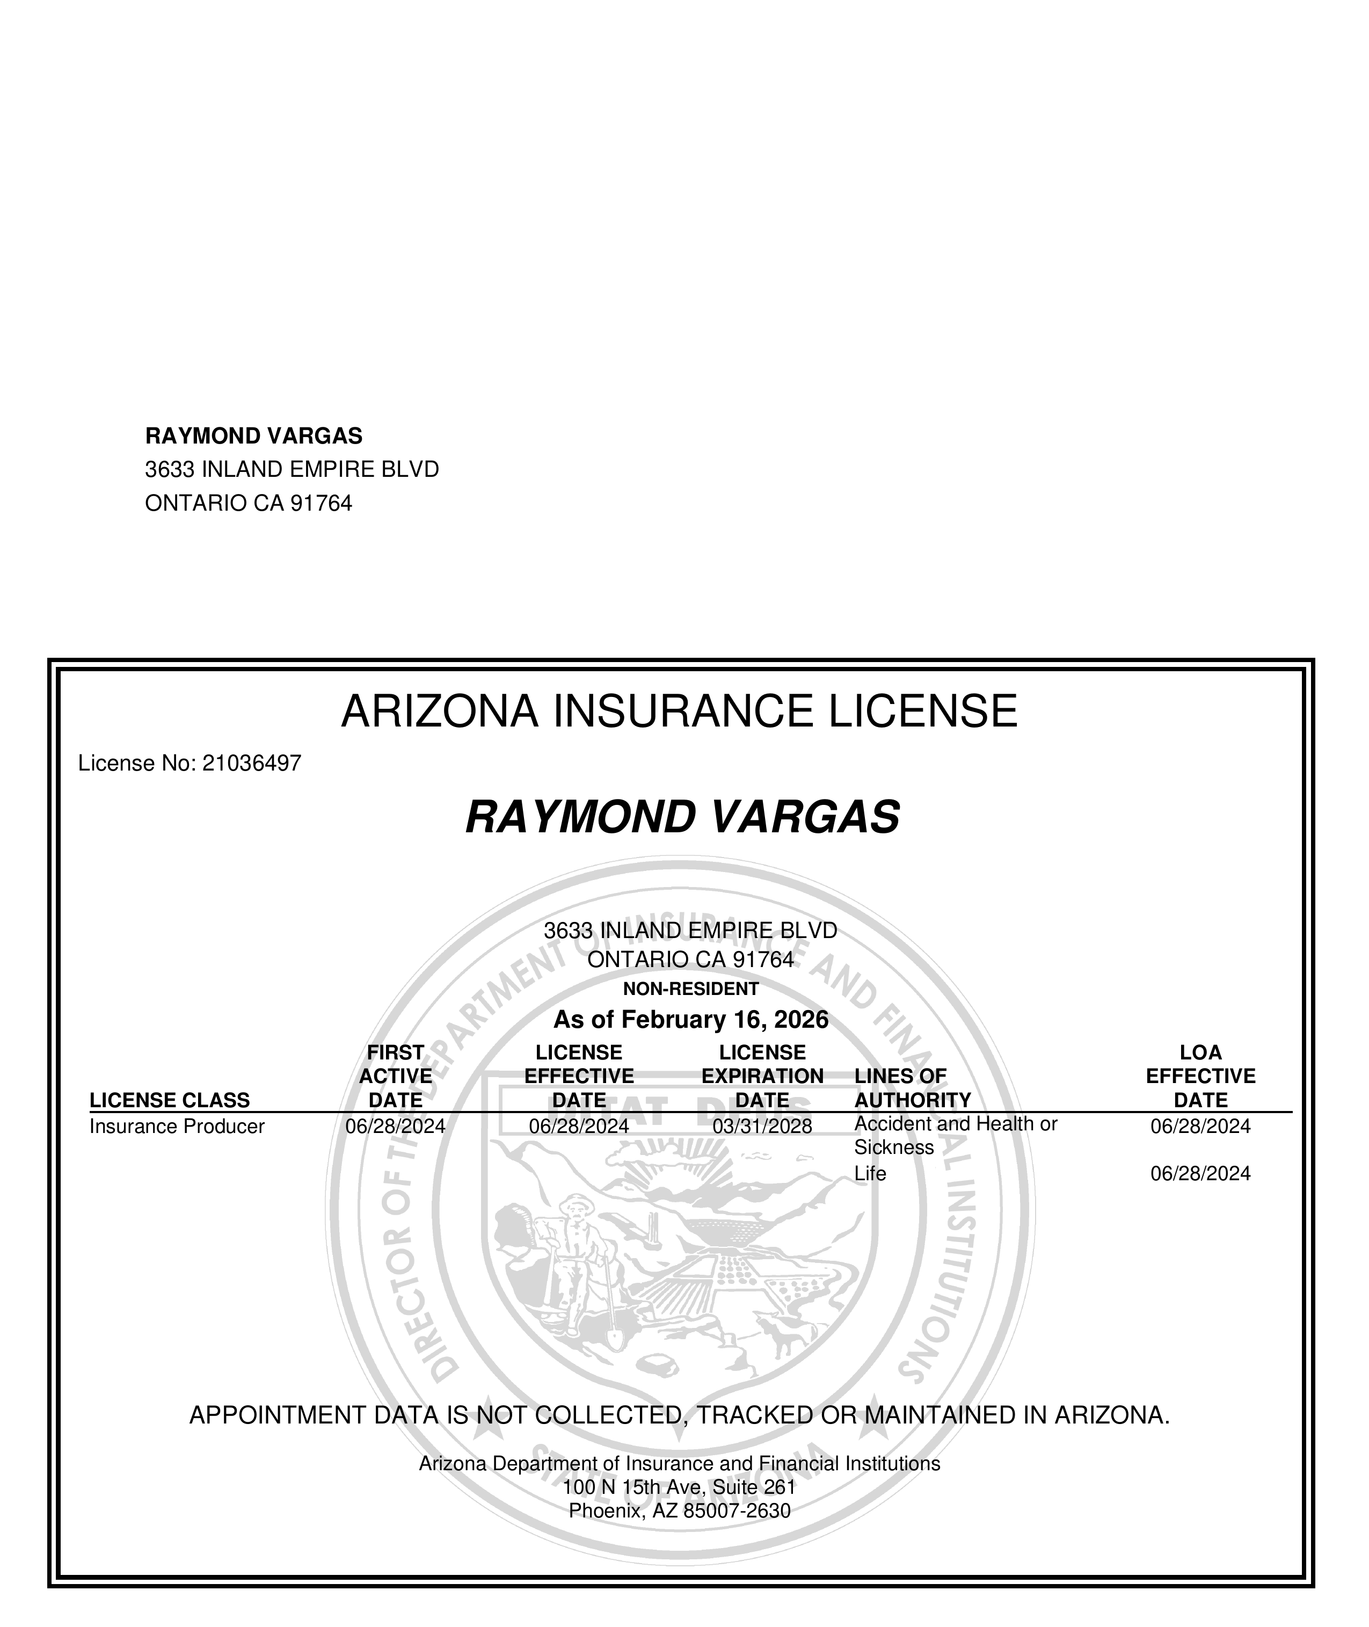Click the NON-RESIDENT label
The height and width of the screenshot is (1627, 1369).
point(691,989)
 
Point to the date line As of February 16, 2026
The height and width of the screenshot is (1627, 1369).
point(691,1019)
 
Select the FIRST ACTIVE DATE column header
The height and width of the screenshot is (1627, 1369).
point(396,1077)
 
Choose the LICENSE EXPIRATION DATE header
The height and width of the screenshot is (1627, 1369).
point(762,1077)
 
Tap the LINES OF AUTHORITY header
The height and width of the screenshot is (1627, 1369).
point(912,1088)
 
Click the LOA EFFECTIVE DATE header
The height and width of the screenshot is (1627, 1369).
point(1200,1077)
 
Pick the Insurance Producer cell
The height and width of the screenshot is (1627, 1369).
point(177,1127)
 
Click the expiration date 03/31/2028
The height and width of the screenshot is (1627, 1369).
point(762,1127)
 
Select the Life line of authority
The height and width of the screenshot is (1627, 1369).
point(870,1174)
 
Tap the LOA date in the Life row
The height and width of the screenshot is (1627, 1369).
point(1200,1174)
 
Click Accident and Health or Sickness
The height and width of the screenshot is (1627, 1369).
point(956,1136)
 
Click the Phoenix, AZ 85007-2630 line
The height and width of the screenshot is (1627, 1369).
point(679,1512)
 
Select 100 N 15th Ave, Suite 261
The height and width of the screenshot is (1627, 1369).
point(679,1487)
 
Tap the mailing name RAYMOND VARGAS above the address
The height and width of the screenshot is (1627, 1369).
point(254,436)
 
